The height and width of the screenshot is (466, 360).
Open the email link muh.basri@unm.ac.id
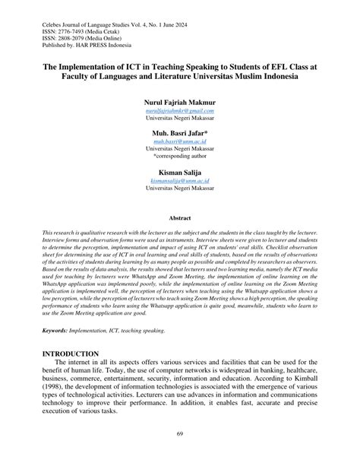pyautogui.click(x=180, y=141)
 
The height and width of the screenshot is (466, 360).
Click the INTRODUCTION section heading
pyautogui.click(x=71, y=354)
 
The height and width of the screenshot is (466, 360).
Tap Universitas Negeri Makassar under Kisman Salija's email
pyautogui.click(x=180, y=189)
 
